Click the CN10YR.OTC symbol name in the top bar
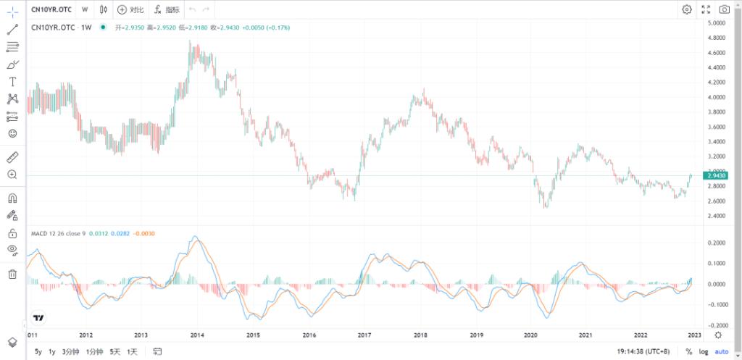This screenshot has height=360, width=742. click(52, 9)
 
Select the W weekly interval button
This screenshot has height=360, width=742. click(85, 9)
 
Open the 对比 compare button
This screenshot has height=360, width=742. click(130, 9)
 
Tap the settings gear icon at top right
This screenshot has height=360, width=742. click(686, 9)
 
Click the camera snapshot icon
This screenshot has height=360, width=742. click(725, 9)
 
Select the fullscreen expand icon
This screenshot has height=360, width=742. click(706, 9)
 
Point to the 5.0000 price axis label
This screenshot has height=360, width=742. click(717, 23)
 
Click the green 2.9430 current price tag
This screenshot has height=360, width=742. click(716, 175)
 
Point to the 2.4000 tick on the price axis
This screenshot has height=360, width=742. click(717, 216)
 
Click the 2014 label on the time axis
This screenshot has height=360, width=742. click(197, 335)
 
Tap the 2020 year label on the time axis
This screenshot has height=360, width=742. click(530, 335)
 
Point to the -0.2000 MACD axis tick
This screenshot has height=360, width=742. click(717, 325)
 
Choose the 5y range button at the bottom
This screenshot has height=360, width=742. click(38, 351)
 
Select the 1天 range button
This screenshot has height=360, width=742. click(132, 351)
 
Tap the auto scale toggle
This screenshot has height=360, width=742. click(722, 351)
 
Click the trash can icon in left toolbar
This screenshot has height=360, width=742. click(12, 274)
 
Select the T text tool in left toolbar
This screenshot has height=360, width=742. click(12, 82)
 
